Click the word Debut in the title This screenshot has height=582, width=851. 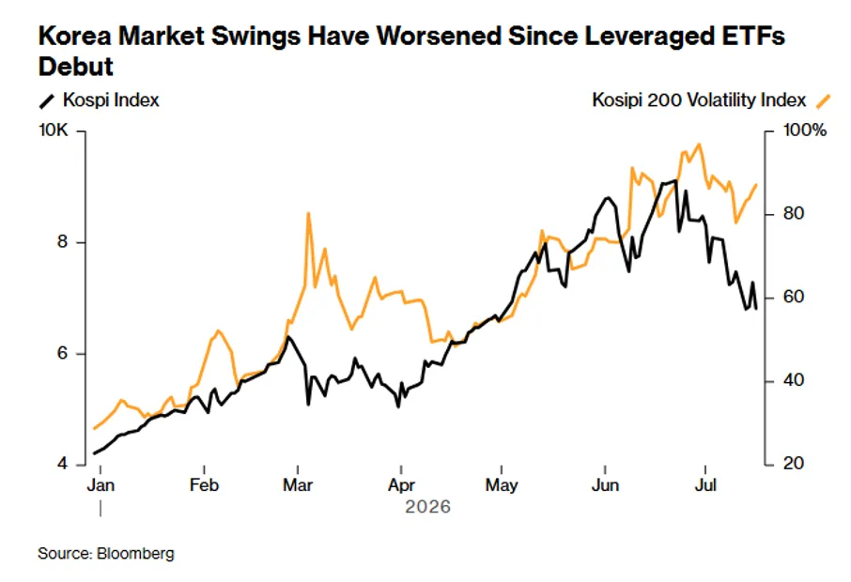click(75, 67)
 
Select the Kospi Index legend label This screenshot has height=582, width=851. click(111, 100)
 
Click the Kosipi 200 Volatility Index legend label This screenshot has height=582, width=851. click(699, 100)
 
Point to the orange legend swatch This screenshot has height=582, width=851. click(823, 100)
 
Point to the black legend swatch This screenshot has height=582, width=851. click(47, 100)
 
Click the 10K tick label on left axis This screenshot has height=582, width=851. click(54, 130)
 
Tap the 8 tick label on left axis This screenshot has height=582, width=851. click(62, 242)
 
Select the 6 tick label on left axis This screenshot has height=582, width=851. click(62, 353)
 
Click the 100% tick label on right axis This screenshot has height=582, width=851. click(804, 130)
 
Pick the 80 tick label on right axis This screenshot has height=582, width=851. click(793, 214)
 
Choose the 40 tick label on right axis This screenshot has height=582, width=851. click(793, 381)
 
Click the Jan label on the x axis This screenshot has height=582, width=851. click(101, 484)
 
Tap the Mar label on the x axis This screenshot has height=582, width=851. click(298, 484)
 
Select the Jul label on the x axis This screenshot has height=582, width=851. click(705, 484)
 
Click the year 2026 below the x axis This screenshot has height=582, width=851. click(427, 507)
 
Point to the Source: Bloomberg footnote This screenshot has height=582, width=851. click(106, 554)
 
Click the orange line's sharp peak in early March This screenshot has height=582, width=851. click(308, 213)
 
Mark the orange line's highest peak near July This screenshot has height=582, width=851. click(699, 145)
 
